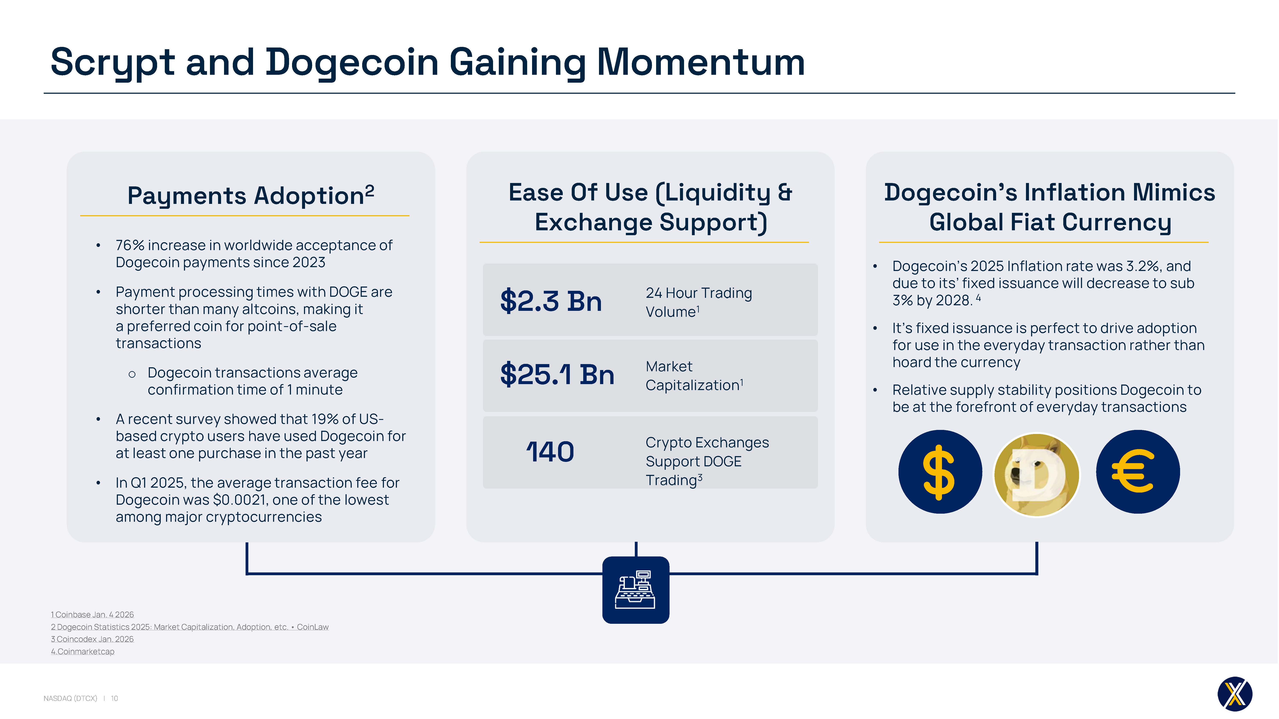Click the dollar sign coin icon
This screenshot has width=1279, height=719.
point(940,472)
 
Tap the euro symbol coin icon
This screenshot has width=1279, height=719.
point(1138,472)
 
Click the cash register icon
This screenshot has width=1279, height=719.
point(635,590)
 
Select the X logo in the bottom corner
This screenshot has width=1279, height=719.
point(1235,694)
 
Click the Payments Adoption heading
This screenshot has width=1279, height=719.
point(251,195)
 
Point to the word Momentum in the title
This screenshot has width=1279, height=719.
point(700,62)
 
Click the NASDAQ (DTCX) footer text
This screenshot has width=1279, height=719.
point(71,698)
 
